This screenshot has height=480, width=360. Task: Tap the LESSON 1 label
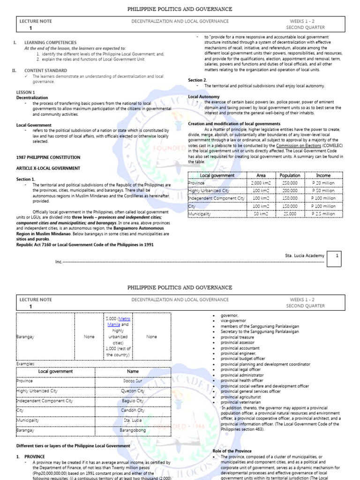click(x=25, y=92)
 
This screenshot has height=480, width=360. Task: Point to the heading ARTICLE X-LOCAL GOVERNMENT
click(x=48, y=168)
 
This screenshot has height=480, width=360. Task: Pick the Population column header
click(x=290, y=175)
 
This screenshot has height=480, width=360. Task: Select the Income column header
click(x=323, y=175)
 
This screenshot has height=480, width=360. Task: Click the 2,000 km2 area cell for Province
click(x=261, y=183)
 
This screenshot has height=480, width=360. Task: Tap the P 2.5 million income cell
click(x=323, y=213)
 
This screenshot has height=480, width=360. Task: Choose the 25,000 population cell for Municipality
click(x=290, y=213)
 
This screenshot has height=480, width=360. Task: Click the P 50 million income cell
click(x=323, y=191)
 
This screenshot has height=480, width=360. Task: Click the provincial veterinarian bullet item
click(x=241, y=402)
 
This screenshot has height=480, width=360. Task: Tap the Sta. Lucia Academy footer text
click(x=304, y=255)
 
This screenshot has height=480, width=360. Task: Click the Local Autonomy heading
click(x=204, y=97)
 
